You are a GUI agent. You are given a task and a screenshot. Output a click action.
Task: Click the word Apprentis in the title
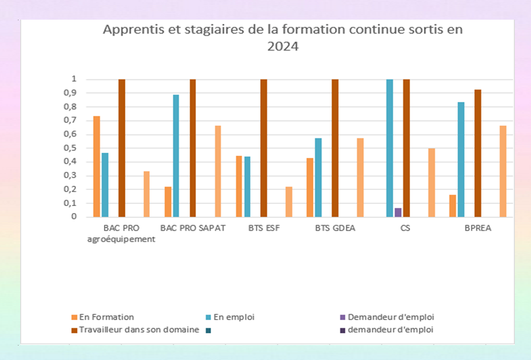coord(127,30)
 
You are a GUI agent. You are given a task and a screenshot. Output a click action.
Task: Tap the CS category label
coord(405,228)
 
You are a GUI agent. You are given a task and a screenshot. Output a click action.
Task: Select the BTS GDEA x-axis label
coord(335,228)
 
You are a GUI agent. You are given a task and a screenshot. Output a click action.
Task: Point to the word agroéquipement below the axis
coord(121,239)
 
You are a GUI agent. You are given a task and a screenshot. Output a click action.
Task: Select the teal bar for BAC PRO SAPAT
coord(176,156)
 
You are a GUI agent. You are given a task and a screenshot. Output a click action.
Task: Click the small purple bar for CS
coord(397,212)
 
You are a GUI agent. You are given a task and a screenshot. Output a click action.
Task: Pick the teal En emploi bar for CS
coord(389,148)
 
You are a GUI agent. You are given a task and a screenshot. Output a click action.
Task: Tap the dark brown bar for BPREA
coord(478,153)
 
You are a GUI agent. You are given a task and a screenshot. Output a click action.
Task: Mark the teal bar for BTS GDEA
coord(318,178)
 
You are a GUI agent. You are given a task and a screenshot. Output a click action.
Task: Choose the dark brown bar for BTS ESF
coord(264,148)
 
